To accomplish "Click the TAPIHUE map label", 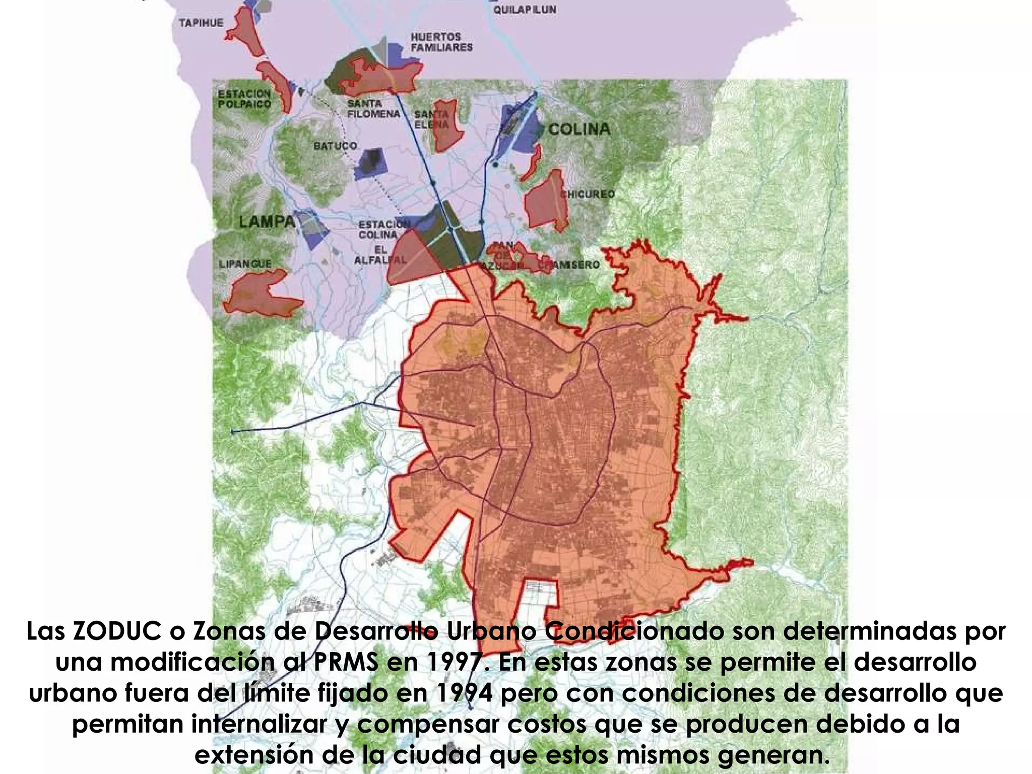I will click(x=201, y=23).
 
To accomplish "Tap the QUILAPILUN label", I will click(x=525, y=10).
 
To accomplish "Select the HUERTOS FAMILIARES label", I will click(x=441, y=42).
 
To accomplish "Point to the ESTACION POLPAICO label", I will click(x=244, y=99).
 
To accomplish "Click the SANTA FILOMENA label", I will click(x=373, y=109).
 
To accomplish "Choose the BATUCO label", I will click(x=335, y=146).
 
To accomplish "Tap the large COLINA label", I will click(x=579, y=130).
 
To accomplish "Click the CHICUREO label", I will click(x=589, y=194).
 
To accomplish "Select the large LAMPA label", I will click(x=267, y=221).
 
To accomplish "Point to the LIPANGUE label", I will click(x=245, y=264).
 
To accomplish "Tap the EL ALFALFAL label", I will click(x=380, y=255).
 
